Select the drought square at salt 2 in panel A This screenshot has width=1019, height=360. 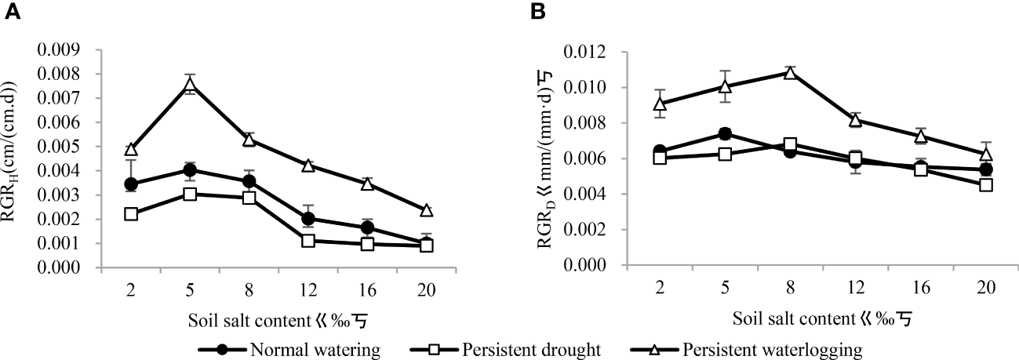[x=131, y=214]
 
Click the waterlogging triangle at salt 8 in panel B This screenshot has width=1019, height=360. [x=790, y=73]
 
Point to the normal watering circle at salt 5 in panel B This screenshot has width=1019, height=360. [x=725, y=134]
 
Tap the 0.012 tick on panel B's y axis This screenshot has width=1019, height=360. [x=612, y=52]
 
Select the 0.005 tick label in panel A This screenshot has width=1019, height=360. [x=79, y=147]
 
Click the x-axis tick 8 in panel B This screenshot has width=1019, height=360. [x=790, y=288]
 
